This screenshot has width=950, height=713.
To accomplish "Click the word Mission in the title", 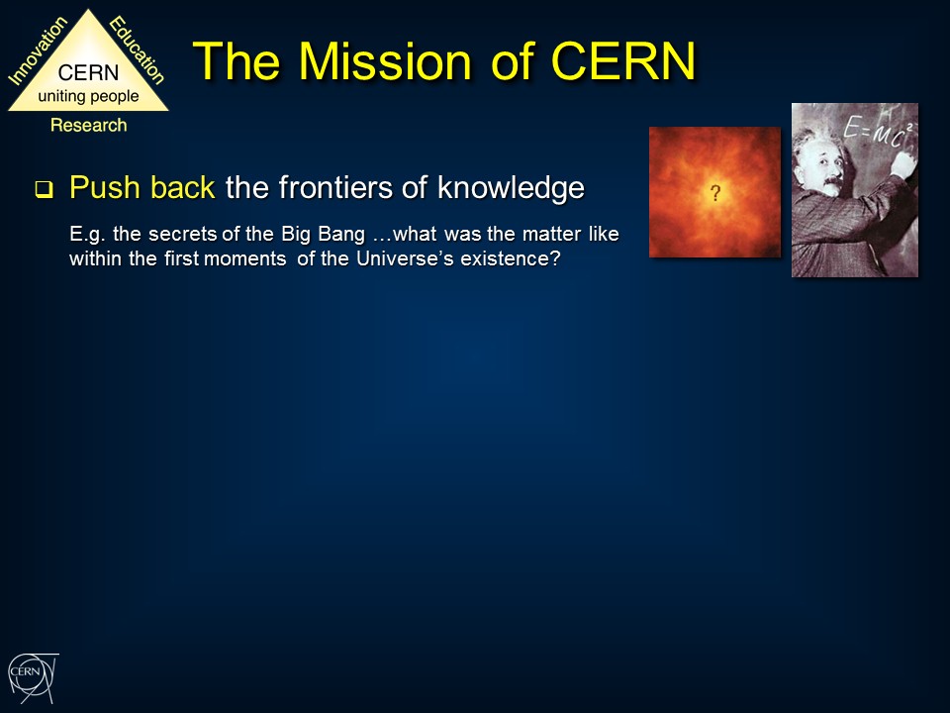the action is (x=385, y=60).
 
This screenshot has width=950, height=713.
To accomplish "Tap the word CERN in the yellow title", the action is (x=623, y=60).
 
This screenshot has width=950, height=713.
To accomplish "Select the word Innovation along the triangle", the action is (x=38, y=51).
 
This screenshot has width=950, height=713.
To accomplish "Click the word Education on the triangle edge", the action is (x=137, y=50).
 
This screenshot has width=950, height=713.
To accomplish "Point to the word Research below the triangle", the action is (x=88, y=125).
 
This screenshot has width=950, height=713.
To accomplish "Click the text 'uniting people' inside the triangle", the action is (x=88, y=96).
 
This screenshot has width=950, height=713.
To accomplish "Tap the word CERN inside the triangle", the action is (x=88, y=72).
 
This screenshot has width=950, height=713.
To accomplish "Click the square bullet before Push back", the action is (x=44, y=190).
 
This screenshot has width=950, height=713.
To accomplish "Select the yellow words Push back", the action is (x=142, y=187).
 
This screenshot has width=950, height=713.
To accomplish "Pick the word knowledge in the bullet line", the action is (x=511, y=187).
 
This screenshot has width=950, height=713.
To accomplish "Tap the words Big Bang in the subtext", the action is (x=323, y=234).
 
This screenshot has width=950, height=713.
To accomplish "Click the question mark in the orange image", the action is (x=715, y=193).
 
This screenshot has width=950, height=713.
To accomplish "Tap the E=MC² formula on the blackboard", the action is (x=877, y=132).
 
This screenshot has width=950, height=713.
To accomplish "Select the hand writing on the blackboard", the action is (x=903, y=164).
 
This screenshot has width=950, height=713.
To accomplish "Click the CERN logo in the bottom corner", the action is (x=34, y=677).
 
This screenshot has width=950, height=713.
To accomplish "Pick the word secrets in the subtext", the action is (x=182, y=234).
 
